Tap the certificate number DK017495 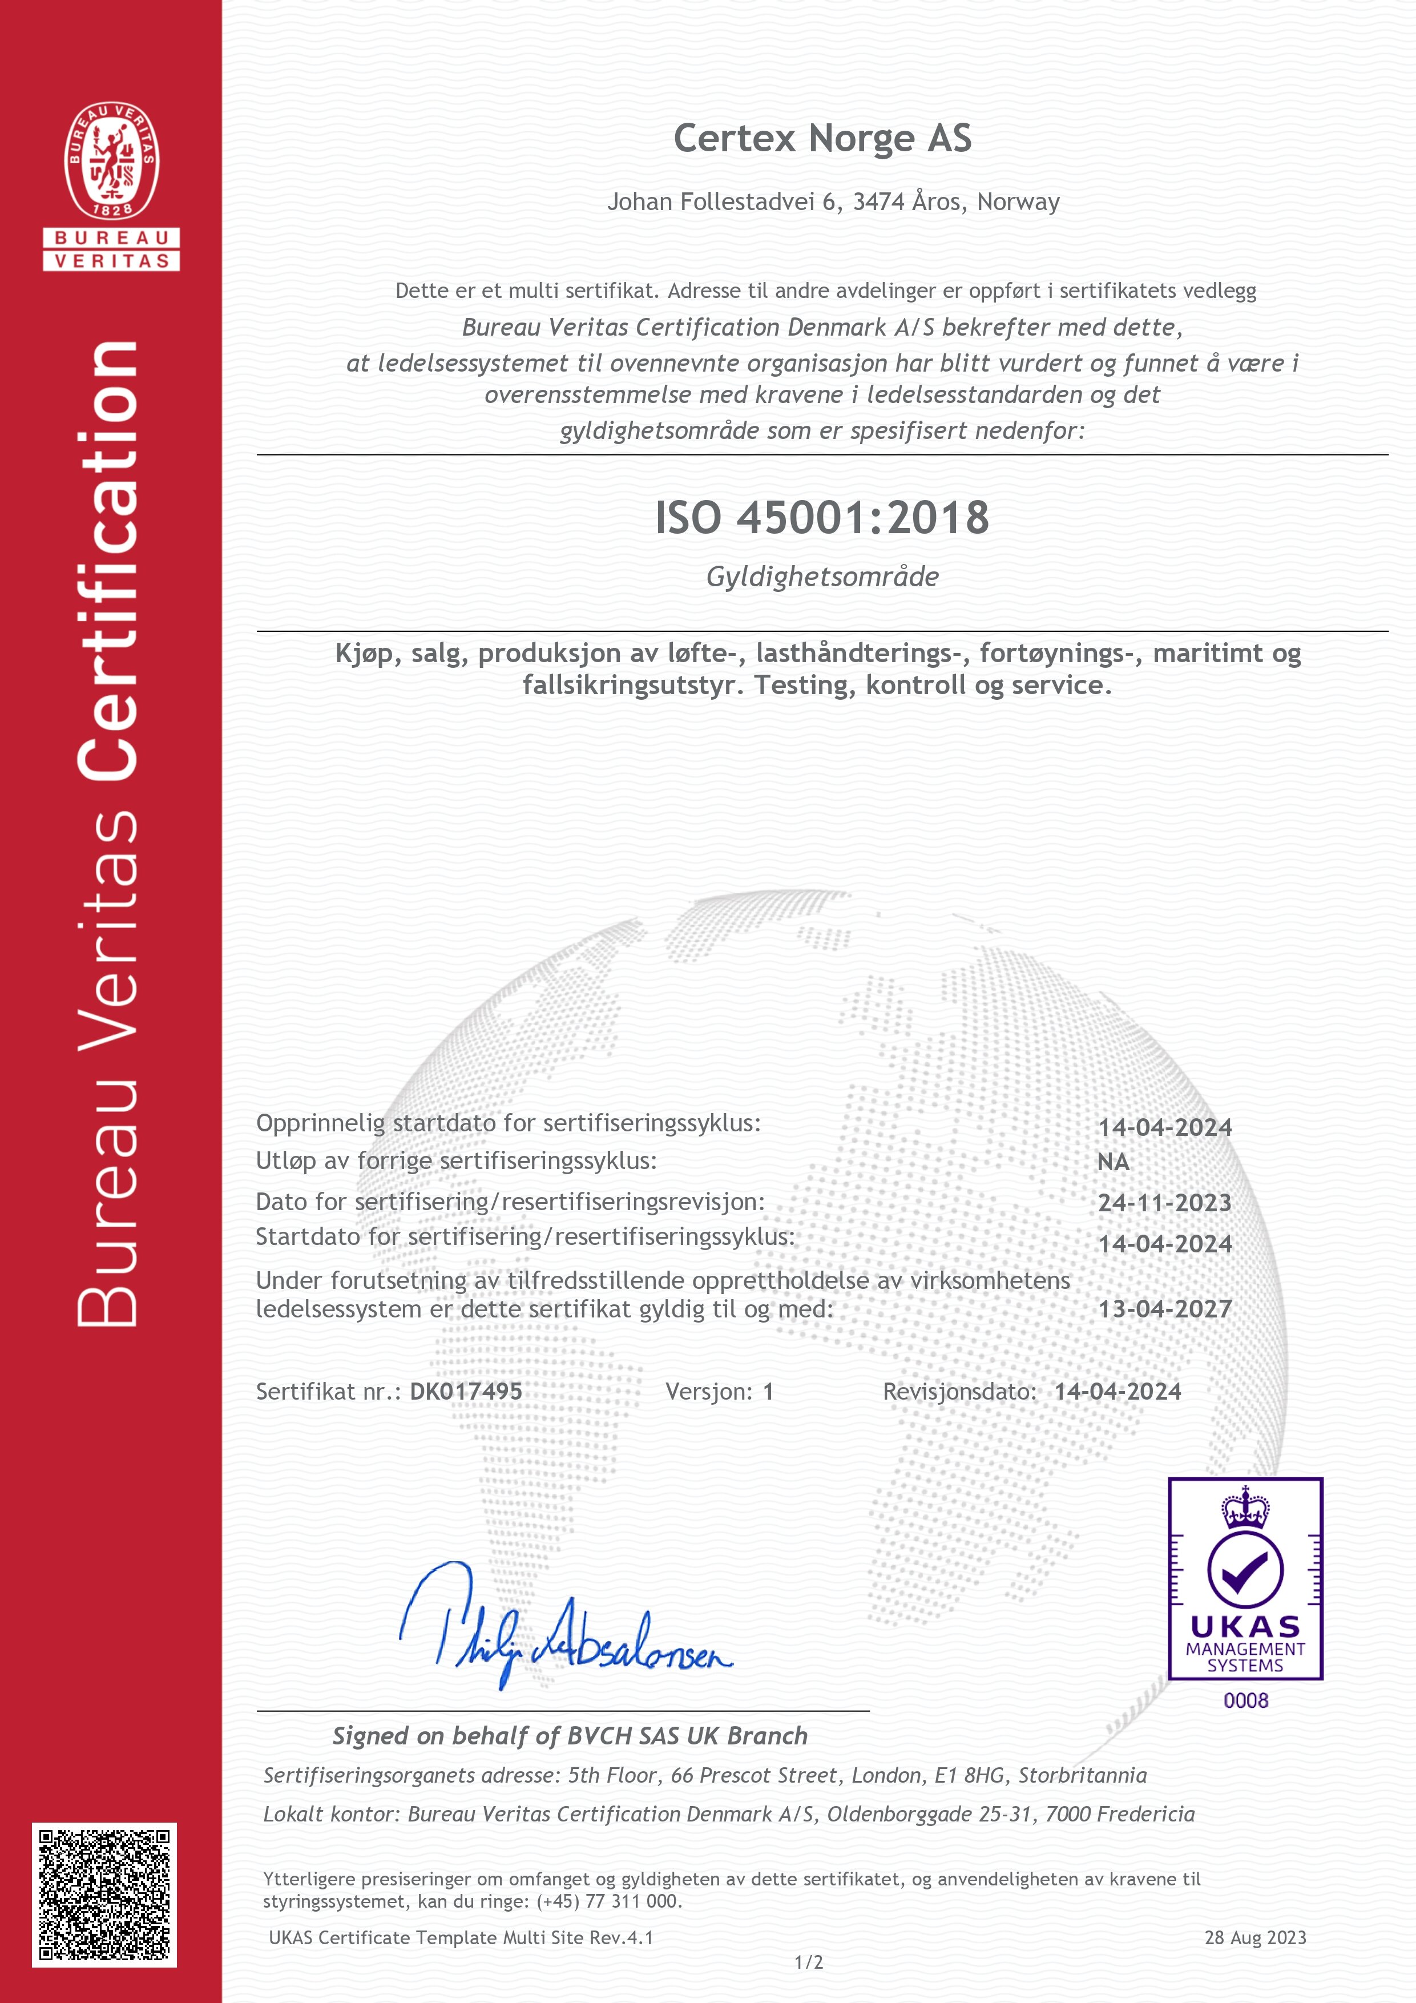[466, 1392]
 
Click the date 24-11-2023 [1165, 1203]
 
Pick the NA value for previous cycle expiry [1114, 1162]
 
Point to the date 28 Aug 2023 [1256, 1937]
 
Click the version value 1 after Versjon [768, 1392]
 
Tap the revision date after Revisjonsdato [1118, 1392]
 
